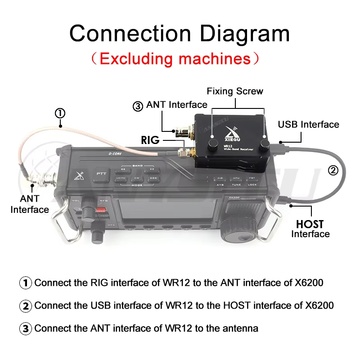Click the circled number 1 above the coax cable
pos(61,113)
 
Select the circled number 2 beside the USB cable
pos(333,170)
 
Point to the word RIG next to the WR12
pos(150,140)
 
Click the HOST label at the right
pos(310,224)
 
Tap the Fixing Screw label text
pos(235,91)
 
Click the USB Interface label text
pos(308,125)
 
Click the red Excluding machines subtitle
pos(175,58)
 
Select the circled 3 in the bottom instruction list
pos(26,328)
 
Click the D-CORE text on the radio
pos(103,153)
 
